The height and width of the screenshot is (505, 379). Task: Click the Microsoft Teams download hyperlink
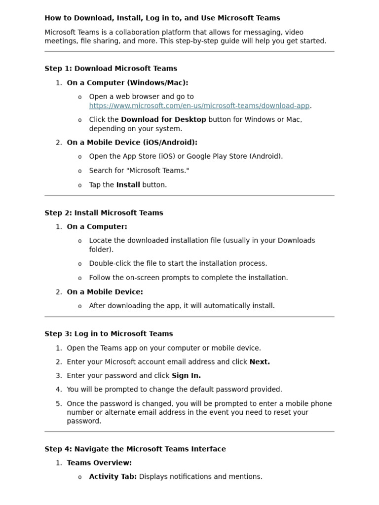click(x=199, y=106)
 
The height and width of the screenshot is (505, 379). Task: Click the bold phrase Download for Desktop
click(x=163, y=119)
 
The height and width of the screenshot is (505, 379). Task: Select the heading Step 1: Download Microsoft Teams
click(x=111, y=69)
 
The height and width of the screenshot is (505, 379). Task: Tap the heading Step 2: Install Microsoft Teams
click(x=104, y=213)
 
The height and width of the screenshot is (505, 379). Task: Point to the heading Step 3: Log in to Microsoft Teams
click(x=109, y=334)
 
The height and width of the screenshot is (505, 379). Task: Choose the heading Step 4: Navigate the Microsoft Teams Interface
click(x=135, y=449)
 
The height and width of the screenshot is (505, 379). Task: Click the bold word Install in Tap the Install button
click(x=128, y=185)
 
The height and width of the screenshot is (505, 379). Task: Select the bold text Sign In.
click(x=186, y=376)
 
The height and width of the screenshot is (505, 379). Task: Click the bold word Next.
click(x=260, y=362)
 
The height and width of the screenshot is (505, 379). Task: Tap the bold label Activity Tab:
click(x=113, y=477)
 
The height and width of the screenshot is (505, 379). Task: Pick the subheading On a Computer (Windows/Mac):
click(x=127, y=83)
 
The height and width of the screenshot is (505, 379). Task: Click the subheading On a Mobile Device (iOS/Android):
click(x=132, y=143)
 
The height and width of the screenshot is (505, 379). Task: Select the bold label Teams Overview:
click(x=99, y=463)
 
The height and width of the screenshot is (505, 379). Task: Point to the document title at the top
click(x=162, y=18)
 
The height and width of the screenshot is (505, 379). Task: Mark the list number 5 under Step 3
click(x=59, y=404)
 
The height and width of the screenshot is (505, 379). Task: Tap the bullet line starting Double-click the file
click(x=178, y=263)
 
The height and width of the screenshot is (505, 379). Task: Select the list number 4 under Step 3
click(x=59, y=390)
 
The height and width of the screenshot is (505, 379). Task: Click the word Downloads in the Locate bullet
click(x=296, y=241)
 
